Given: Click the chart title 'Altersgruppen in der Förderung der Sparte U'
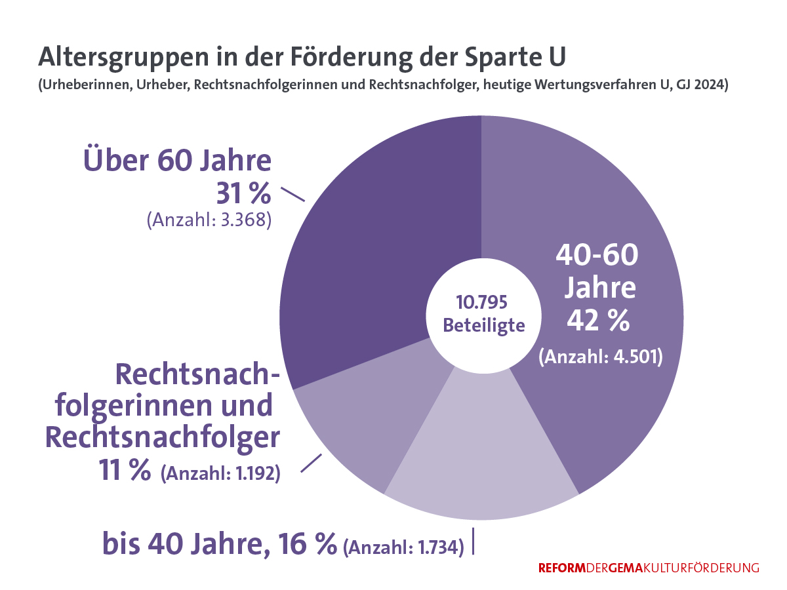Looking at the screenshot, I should point(302,56).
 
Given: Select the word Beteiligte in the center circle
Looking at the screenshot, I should point(484,325).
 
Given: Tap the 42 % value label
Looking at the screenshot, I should point(599,321).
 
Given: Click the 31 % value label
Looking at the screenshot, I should point(243,193).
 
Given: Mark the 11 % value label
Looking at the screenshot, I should point(125,471).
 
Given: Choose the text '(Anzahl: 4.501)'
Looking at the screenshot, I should point(601,357).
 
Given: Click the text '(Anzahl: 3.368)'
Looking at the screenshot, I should point(209,219).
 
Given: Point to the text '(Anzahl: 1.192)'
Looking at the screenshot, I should point(220,473).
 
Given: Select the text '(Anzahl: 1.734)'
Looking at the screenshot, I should point(403,545).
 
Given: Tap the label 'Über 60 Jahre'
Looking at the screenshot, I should point(177,161).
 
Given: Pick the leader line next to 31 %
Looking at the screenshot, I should point(293,195).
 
